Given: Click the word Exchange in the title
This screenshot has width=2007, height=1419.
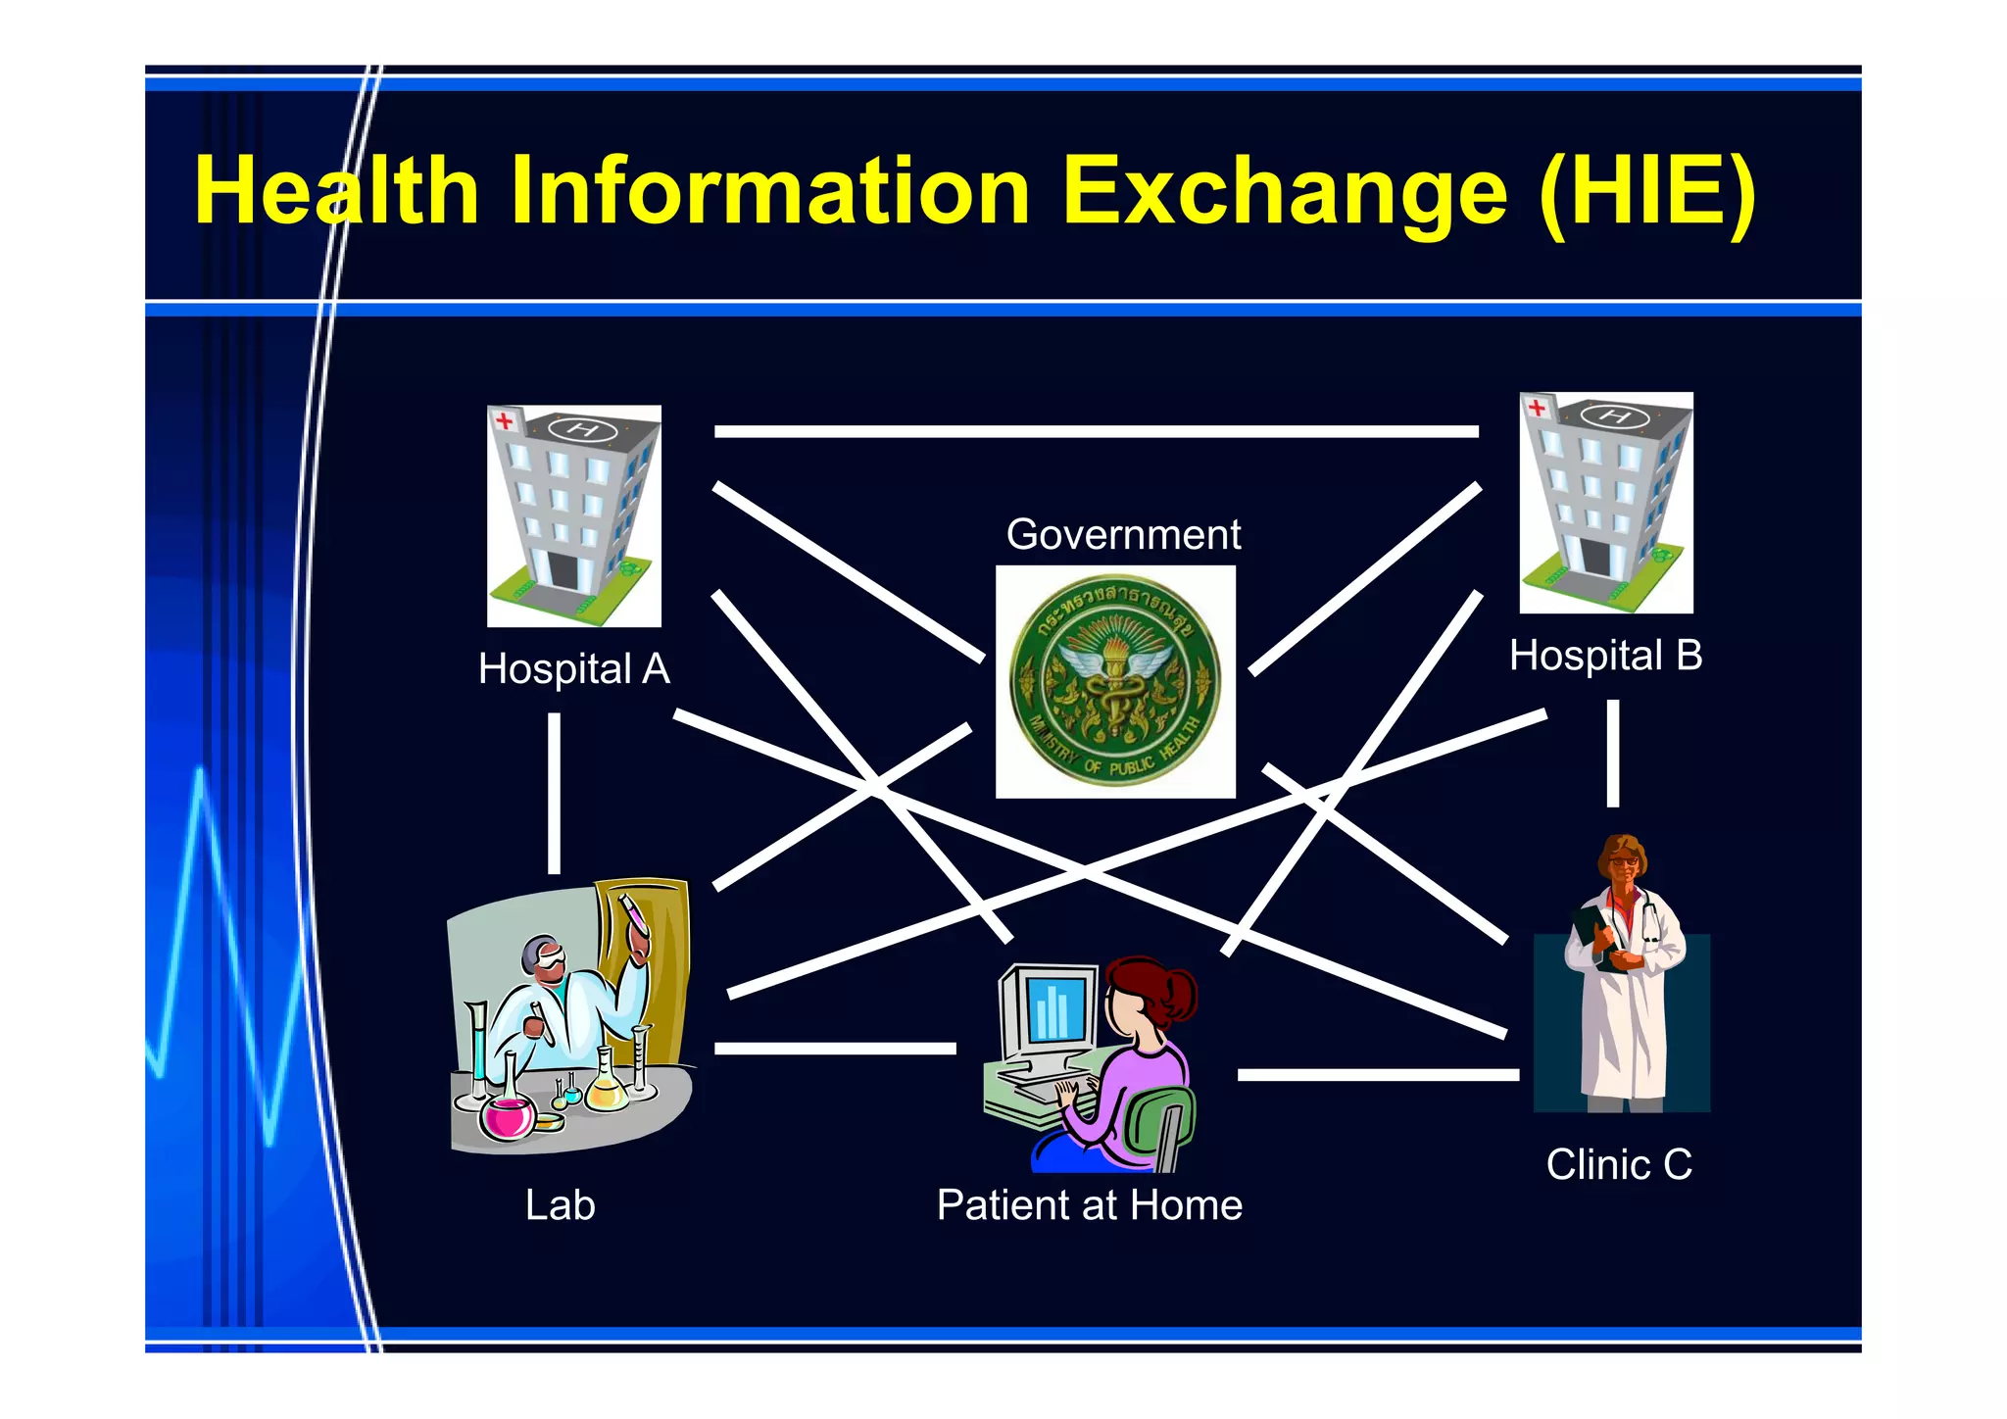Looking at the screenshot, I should click(x=1284, y=191).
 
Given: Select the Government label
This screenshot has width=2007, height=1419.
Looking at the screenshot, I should click(x=1123, y=535).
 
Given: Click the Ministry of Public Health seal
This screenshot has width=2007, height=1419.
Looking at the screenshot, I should click(x=1115, y=681).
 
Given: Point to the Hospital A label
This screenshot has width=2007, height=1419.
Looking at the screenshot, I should click(x=574, y=669).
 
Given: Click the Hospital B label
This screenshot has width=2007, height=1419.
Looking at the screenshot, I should click(x=1605, y=656).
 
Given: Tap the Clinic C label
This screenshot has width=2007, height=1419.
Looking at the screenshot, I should click(x=1619, y=1165).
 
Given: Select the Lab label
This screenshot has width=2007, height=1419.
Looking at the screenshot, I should click(x=560, y=1205).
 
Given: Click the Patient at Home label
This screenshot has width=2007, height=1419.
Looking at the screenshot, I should click(x=1089, y=1205).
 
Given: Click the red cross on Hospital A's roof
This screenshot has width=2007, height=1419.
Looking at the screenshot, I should click(x=505, y=421).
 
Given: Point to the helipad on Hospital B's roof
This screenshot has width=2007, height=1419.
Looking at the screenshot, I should click(x=1614, y=416).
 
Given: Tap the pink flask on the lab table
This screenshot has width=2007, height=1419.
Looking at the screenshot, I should click(x=507, y=1116).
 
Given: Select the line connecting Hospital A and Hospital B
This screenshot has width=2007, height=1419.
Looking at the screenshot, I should click(x=1096, y=431).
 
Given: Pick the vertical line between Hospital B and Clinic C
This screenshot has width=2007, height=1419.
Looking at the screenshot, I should click(x=1612, y=753).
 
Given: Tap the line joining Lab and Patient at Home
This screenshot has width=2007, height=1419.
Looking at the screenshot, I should click(x=835, y=1049).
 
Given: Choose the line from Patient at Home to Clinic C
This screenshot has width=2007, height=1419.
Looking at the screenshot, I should click(x=1377, y=1075).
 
